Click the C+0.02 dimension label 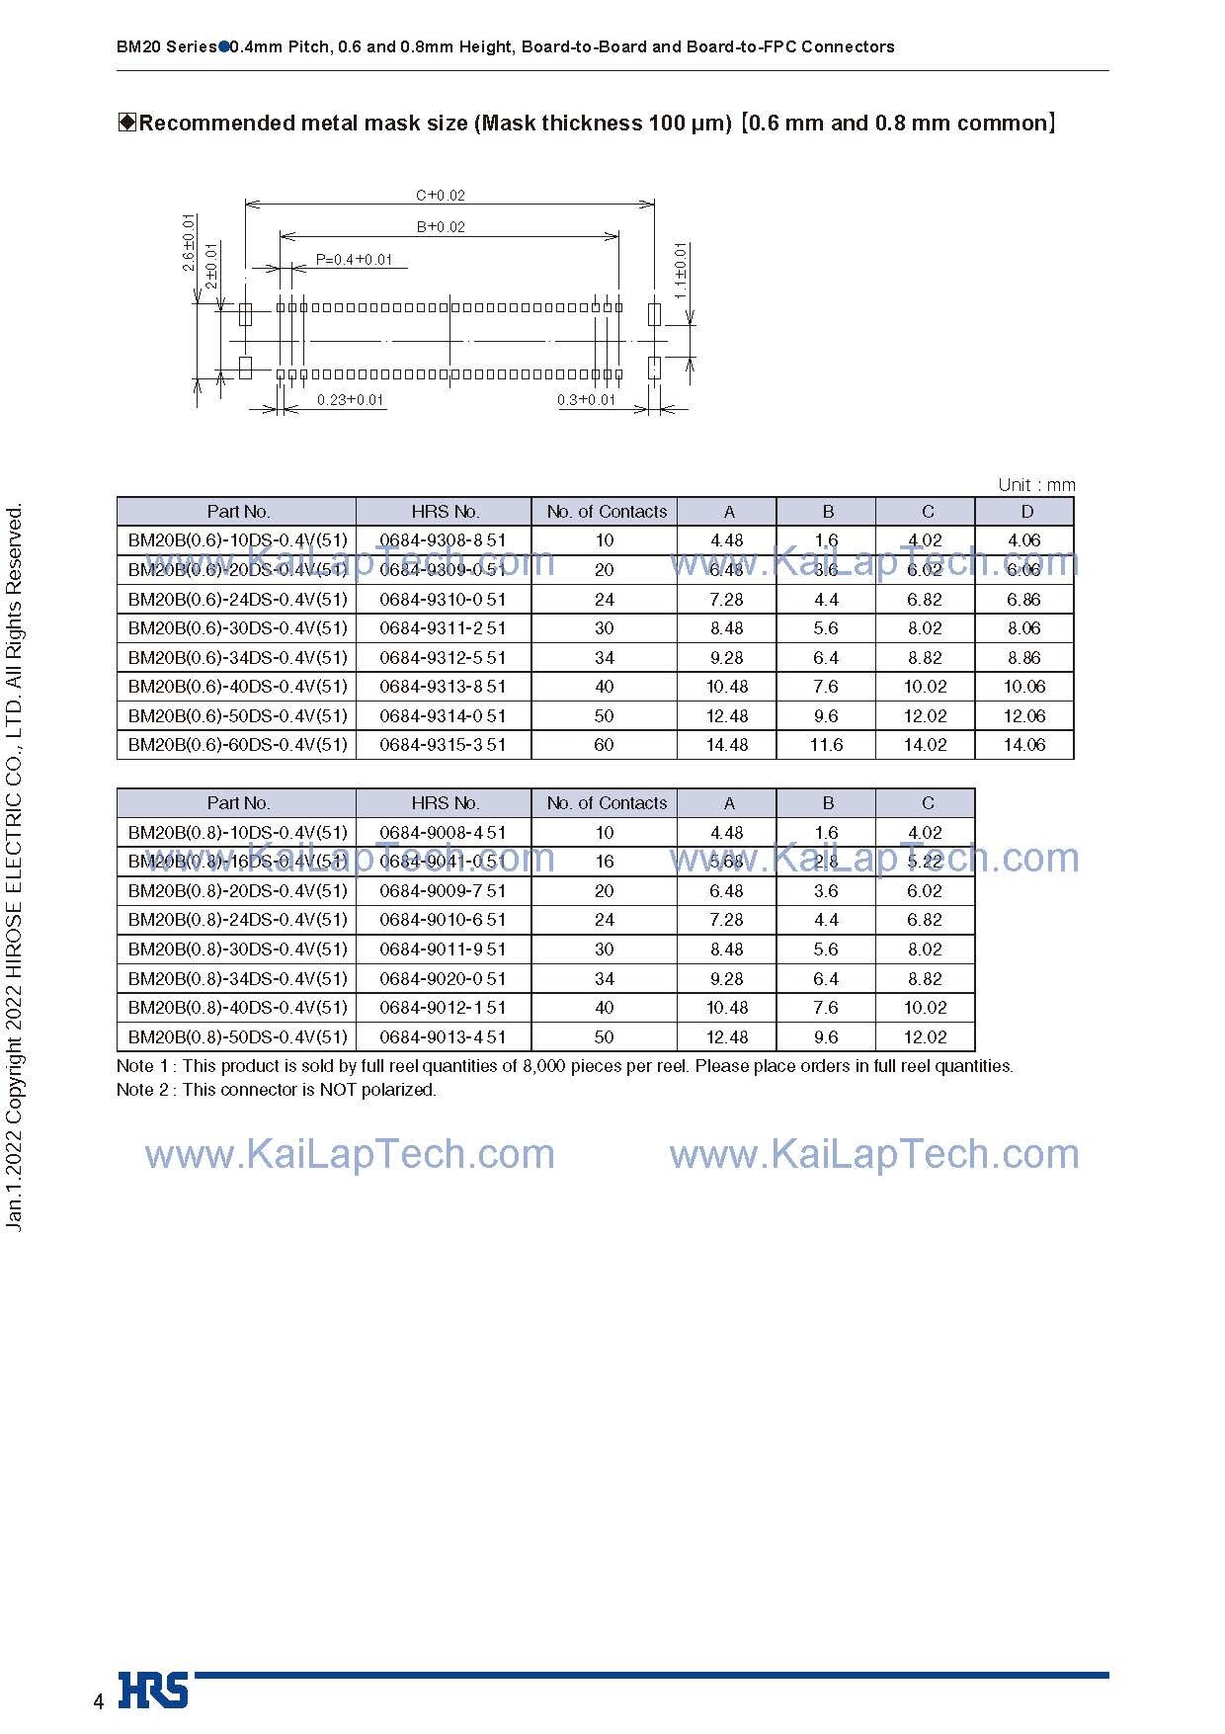tap(440, 196)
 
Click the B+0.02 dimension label tap(441, 226)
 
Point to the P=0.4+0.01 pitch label tap(354, 260)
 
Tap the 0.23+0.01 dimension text tap(350, 400)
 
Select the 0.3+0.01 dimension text tap(586, 400)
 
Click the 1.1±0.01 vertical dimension tap(680, 271)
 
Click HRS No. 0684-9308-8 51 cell tap(443, 540)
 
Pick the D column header tap(1026, 512)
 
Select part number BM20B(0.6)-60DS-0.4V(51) tap(237, 745)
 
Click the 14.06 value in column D tap(1023, 745)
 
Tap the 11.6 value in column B tap(826, 745)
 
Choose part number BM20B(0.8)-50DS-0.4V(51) tap(237, 1037)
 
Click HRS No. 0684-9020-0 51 tap(443, 979)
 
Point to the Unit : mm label tap(1035, 485)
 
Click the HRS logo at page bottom tap(153, 1690)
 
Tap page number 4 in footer tap(98, 1701)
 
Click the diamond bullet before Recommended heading tap(126, 123)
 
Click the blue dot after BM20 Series tap(223, 46)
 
